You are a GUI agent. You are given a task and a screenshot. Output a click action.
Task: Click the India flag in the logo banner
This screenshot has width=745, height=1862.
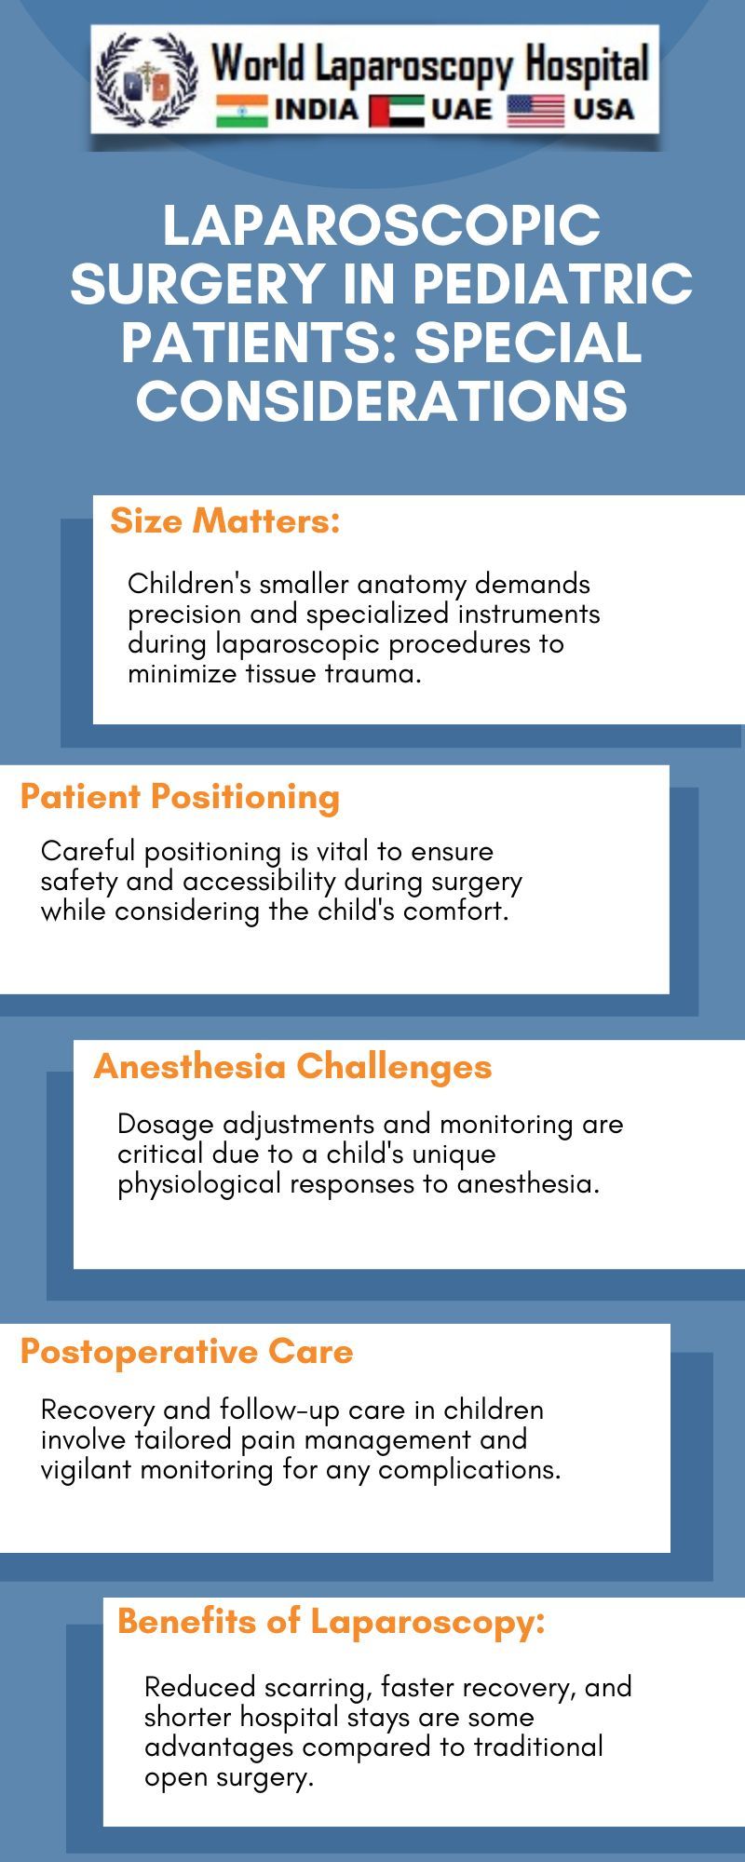pos(241,111)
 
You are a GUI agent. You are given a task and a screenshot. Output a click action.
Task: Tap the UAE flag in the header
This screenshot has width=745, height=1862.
pos(396,111)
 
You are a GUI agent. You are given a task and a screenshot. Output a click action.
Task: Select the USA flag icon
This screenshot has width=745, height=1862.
pos(535,111)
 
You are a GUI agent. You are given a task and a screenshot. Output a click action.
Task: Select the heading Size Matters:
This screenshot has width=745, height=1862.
pos(225,521)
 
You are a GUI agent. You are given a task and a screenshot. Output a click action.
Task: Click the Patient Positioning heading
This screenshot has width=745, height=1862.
pos(180,797)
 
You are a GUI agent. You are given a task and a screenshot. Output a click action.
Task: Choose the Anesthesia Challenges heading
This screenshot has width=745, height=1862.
pos(292,1067)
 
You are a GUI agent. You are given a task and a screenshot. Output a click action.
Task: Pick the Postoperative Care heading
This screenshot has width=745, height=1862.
pos(186,1352)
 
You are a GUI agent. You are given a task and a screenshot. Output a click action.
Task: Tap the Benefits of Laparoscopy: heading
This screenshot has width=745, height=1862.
pos(331,1622)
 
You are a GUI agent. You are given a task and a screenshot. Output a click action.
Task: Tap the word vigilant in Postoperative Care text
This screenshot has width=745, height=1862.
pos(87,1469)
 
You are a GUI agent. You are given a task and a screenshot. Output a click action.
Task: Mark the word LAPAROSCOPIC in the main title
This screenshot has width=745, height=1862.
pos(382,226)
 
